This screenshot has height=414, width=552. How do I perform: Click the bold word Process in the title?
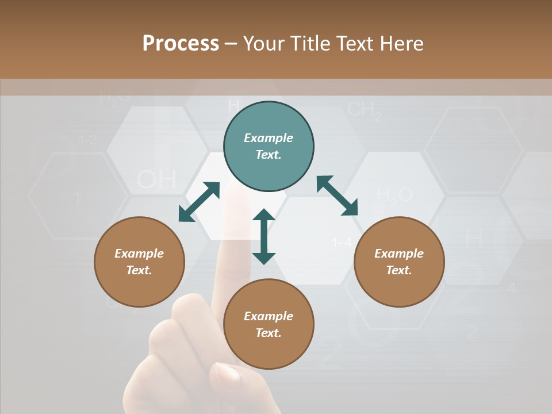[181, 44]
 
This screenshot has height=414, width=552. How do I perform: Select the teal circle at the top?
[269, 147]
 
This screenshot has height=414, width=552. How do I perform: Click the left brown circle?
[139, 262]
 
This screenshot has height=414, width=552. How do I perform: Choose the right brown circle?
[399, 262]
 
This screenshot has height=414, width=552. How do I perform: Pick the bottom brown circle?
[269, 324]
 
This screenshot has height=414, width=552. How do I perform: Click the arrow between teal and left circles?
[199, 202]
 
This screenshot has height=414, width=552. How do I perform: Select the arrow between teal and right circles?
[337, 196]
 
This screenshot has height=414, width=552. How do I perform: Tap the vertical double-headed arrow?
[264, 237]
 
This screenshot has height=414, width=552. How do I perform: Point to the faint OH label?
[156, 181]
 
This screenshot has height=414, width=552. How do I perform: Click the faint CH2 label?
[365, 110]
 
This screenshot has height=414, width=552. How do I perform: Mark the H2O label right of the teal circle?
[394, 195]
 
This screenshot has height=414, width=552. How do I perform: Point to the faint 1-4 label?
[342, 243]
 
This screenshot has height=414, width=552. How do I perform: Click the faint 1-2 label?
[87, 140]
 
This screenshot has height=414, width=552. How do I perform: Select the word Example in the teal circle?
[269, 138]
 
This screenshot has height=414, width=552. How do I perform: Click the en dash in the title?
[231, 44]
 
